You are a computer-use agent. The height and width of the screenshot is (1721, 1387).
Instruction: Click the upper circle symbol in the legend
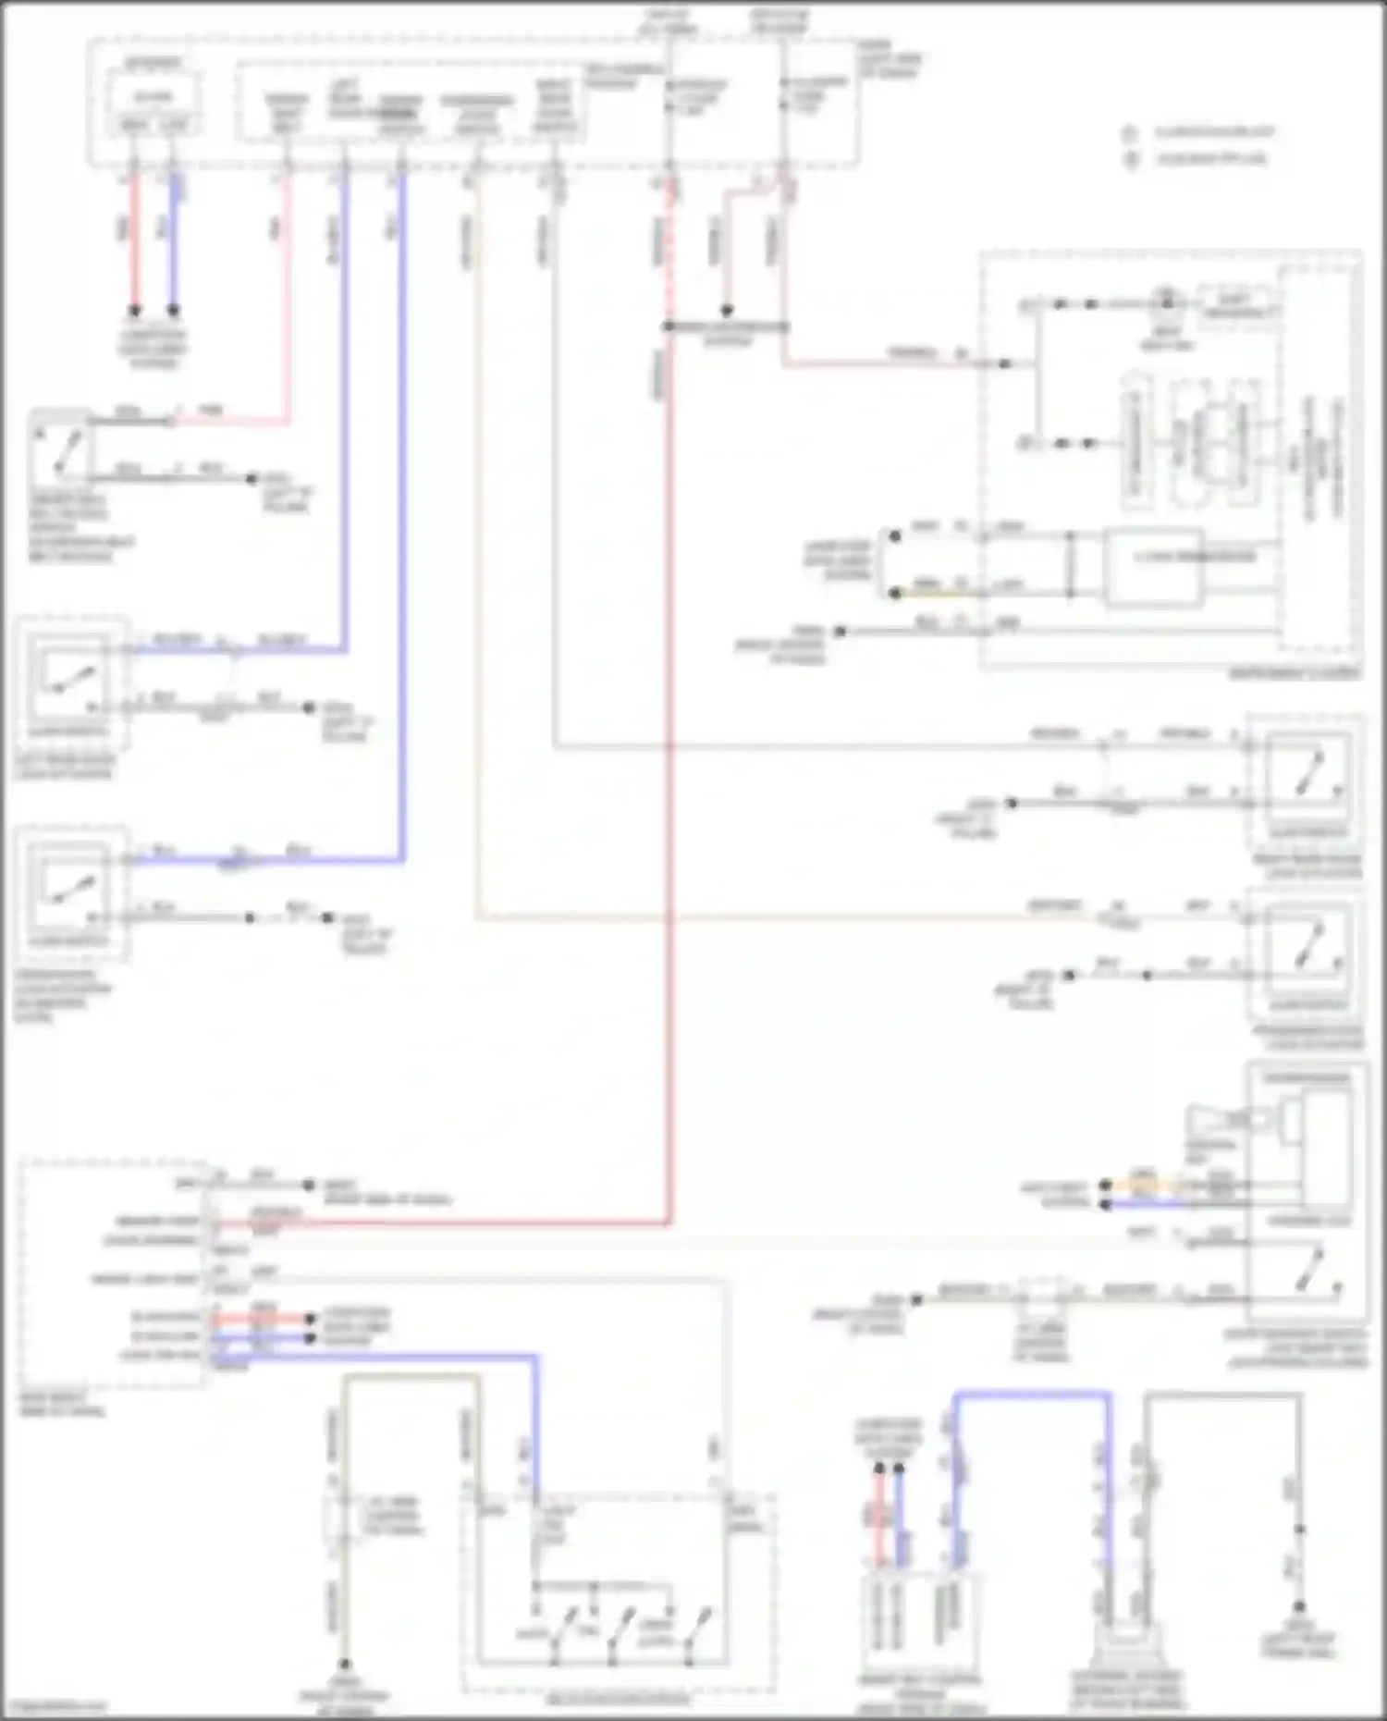[x=1129, y=133]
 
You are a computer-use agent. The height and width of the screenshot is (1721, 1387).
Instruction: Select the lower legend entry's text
[x=1212, y=159]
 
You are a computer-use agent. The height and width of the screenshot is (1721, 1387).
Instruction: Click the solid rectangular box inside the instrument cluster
[x=1155, y=566]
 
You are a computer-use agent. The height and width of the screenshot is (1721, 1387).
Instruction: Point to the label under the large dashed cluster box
[x=1295, y=674]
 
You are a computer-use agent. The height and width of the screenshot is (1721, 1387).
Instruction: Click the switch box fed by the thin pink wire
[x=61, y=447]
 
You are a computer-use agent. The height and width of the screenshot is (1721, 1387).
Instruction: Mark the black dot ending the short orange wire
[x=1105, y=1185]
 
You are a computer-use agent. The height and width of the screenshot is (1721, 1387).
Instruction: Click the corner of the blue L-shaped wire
[x=535, y=1358]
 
